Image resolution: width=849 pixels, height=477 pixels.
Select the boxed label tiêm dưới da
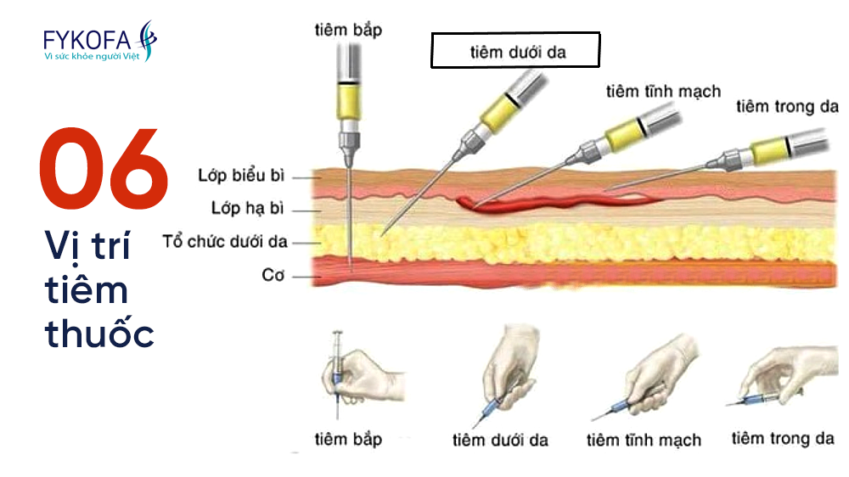click(516, 51)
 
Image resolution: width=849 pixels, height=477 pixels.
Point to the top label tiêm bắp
click(347, 31)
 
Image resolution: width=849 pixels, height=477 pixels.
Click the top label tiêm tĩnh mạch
click(663, 91)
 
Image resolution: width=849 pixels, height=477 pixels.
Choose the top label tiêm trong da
click(787, 106)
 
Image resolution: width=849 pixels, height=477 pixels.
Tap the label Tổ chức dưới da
click(237, 242)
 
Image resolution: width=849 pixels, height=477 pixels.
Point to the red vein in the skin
click(552, 202)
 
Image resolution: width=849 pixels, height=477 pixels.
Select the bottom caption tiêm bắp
click(348, 439)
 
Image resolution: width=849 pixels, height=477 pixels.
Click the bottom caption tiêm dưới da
click(500, 440)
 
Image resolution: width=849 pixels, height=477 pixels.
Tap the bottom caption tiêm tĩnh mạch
click(644, 440)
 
